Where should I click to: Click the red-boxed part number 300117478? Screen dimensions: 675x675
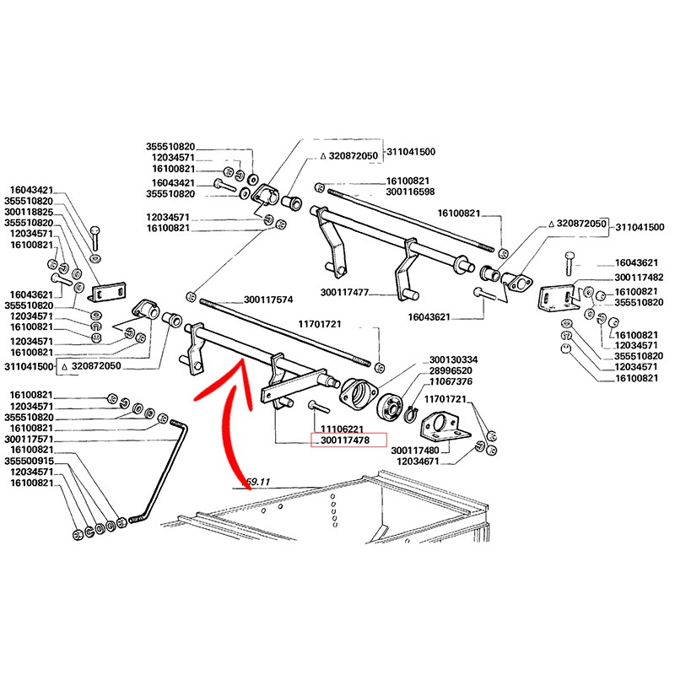click(x=348, y=440)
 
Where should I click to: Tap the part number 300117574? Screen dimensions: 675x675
click(x=267, y=300)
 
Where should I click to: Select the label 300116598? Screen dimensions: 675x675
click(x=410, y=192)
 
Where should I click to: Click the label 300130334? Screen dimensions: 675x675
click(x=453, y=359)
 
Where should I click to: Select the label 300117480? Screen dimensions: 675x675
click(x=418, y=450)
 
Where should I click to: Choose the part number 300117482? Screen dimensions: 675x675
click(x=639, y=278)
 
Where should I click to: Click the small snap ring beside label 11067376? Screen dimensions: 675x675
click(x=409, y=413)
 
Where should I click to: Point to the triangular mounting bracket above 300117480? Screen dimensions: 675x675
click(x=440, y=424)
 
